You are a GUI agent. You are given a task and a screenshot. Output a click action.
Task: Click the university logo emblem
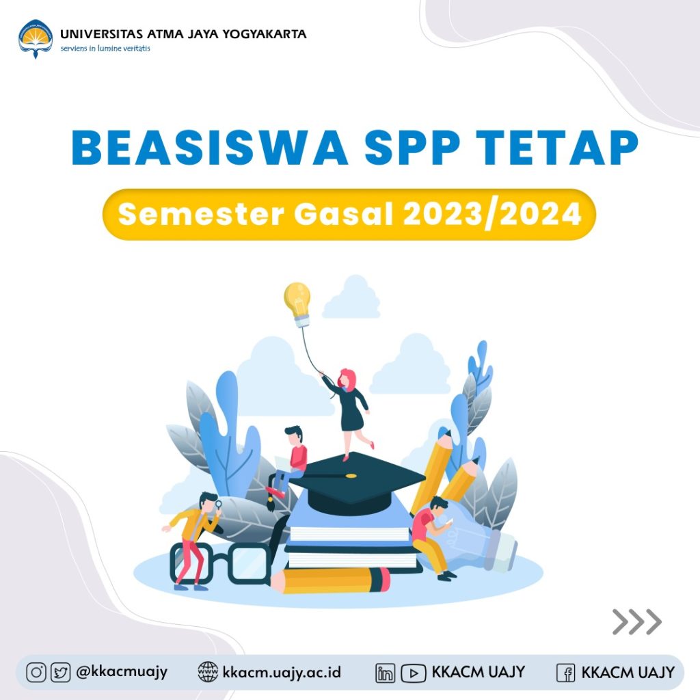(36, 39)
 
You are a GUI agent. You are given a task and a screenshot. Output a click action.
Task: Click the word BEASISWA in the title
(210, 148)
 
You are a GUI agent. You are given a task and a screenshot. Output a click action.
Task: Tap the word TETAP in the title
(557, 148)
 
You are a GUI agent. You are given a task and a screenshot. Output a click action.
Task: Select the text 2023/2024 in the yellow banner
(492, 214)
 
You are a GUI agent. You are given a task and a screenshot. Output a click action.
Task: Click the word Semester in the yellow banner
(201, 214)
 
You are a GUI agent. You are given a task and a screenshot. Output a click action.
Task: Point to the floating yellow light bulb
(297, 304)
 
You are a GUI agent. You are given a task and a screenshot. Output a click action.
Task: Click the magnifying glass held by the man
(218, 505)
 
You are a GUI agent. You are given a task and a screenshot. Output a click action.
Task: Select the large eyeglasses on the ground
(221, 564)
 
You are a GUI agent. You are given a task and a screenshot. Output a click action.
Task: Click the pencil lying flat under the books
(330, 580)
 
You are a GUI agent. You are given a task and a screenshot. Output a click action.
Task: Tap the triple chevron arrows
(637, 621)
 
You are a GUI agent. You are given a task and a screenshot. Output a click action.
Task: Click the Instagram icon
(36, 673)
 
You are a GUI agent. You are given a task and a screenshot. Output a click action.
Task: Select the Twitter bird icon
(60, 673)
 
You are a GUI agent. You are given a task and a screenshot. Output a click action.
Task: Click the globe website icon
(208, 673)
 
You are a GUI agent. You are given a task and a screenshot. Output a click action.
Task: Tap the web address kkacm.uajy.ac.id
(282, 673)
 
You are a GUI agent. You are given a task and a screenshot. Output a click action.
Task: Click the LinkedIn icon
(386, 673)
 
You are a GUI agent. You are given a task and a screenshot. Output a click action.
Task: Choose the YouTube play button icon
(414, 673)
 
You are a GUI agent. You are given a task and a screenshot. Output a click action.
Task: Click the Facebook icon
(565, 673)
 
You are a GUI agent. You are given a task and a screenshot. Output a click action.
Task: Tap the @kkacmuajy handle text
(122, 673)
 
